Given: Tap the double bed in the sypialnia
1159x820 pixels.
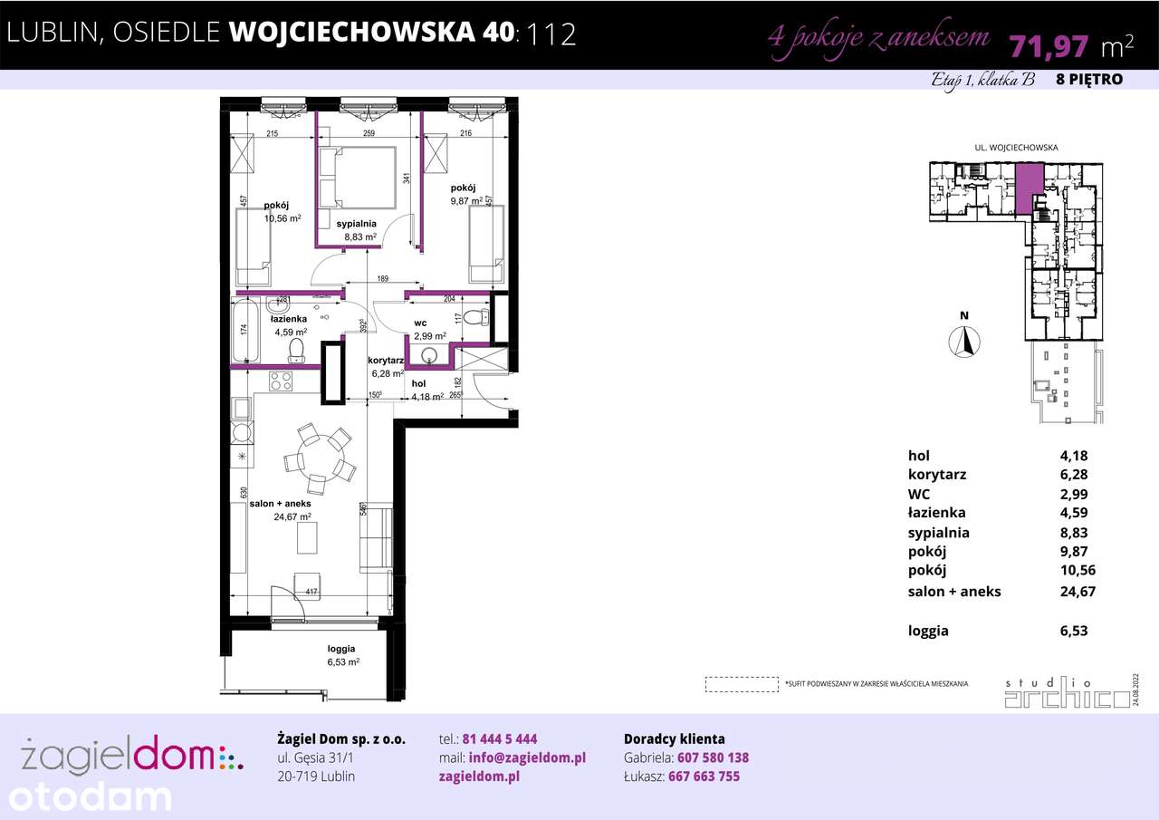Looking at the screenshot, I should click(358, 177).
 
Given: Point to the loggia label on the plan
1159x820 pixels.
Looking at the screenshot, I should click(341, 649).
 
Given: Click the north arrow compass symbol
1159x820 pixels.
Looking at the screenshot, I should click(965, 341).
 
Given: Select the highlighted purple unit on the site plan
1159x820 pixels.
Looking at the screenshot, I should click(1027, 188).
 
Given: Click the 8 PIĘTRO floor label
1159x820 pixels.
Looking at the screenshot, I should click(1089, 79).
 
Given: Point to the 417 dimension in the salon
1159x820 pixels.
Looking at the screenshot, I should click(311, 593).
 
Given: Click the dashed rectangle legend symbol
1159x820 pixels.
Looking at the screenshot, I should click(742, 683).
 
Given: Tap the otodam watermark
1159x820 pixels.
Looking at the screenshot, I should click(86, 797).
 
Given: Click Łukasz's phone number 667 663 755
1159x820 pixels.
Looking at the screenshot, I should click(704, 777).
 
